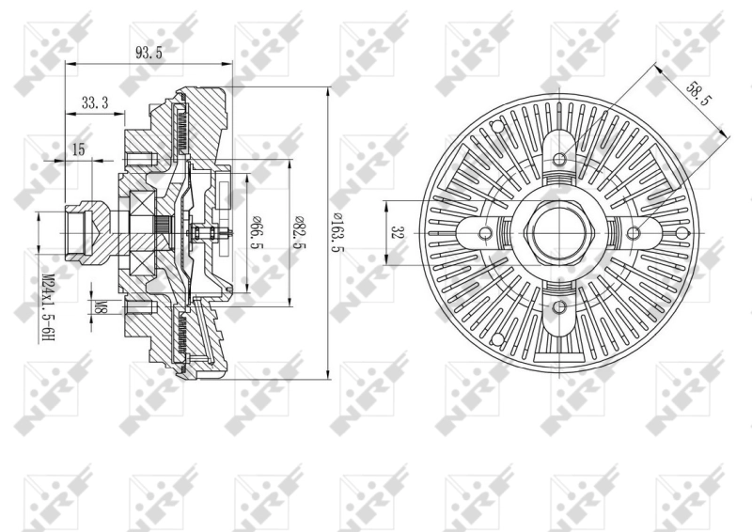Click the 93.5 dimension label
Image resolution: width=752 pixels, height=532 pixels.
pos(149,54)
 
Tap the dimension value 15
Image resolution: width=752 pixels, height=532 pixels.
pos(77,149)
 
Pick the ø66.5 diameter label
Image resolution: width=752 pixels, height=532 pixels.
pos(256,233)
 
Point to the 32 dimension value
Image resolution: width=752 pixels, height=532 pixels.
pos(399,231)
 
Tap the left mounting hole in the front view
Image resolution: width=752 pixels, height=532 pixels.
pos(485,233)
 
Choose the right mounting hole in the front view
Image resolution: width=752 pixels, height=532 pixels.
pos(634,233)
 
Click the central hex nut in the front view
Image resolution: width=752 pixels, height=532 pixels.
pos(559,232)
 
